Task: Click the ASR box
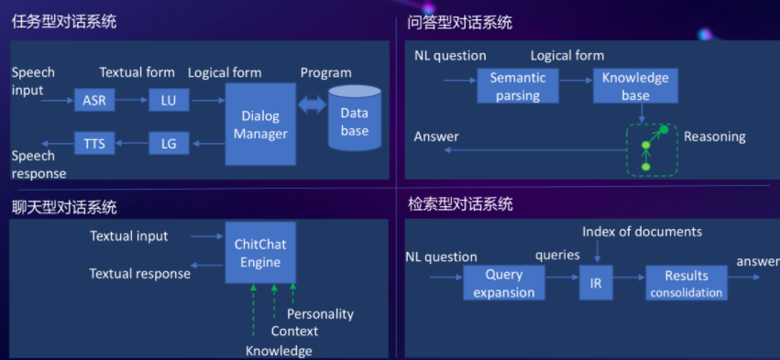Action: [x=94, y=100]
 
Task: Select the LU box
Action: [x=169, y=100]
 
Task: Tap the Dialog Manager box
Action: [x=260, y=125]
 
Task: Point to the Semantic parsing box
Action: [x=518, y=86]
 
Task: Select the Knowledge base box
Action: [x=635, y=86]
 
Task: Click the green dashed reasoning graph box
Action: [x=653, y=150]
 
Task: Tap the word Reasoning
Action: [x=714, y=136]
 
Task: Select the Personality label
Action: [x=320, y=314]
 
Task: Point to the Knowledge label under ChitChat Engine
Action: [x=279, y=351]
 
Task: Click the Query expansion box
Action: [x=503, y=283]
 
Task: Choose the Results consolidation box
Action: [x=687, y=283]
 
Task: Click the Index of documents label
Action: [x=642, y=232]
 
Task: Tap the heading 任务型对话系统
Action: [x=64, y=21]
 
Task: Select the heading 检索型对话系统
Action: [x=459, y=204]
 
